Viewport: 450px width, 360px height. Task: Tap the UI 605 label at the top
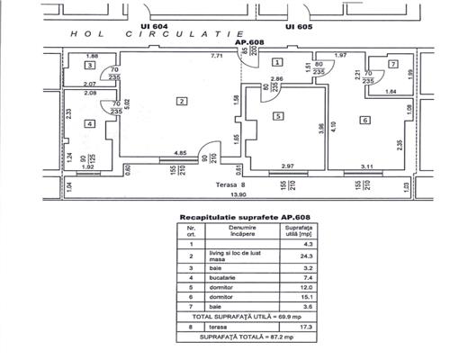point(297,28)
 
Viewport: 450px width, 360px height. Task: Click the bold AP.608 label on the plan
point(247,41)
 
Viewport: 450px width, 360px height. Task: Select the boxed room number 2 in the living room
point(181,101)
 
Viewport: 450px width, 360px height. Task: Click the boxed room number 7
point(393,65)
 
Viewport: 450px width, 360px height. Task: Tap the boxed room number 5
point(279,115)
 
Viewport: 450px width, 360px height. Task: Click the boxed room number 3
point(90,66)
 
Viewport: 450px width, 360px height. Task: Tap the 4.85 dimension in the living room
point(180,153)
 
